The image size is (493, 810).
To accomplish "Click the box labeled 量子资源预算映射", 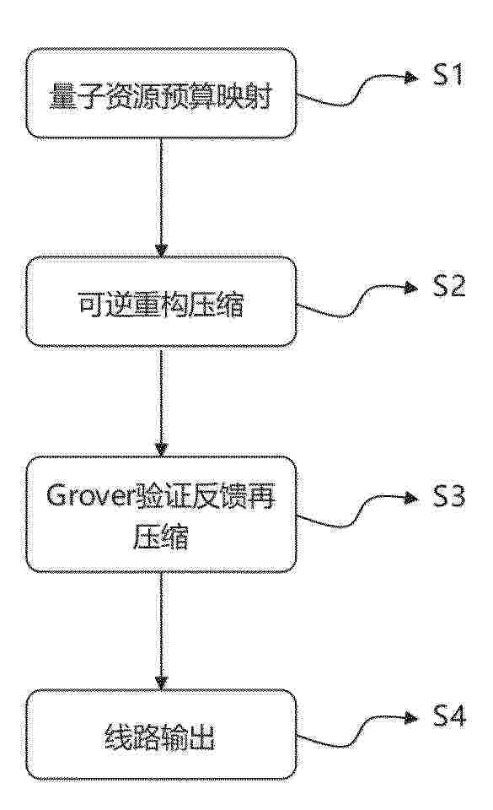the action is [x=162, y=94].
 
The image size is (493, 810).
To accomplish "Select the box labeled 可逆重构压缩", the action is [x=162, y=302].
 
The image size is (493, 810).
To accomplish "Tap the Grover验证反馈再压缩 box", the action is [x=162, y=515].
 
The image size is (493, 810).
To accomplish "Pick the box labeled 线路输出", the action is [x=162, y=735].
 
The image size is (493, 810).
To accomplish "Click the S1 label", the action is [x=448, y=75].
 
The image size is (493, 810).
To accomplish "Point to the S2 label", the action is [x=448, y=286].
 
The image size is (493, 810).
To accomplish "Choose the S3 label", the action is [x=448, y=496].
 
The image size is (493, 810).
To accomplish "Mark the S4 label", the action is [x=448, y=717].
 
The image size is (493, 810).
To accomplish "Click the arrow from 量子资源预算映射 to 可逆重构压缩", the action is [x=162, y=197].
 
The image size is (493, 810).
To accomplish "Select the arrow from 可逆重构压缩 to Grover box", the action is [x=162, y=402].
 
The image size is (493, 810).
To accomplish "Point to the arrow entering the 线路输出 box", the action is [x=162, y=631].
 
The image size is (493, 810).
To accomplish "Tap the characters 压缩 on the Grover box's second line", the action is [x=162, y=537].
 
